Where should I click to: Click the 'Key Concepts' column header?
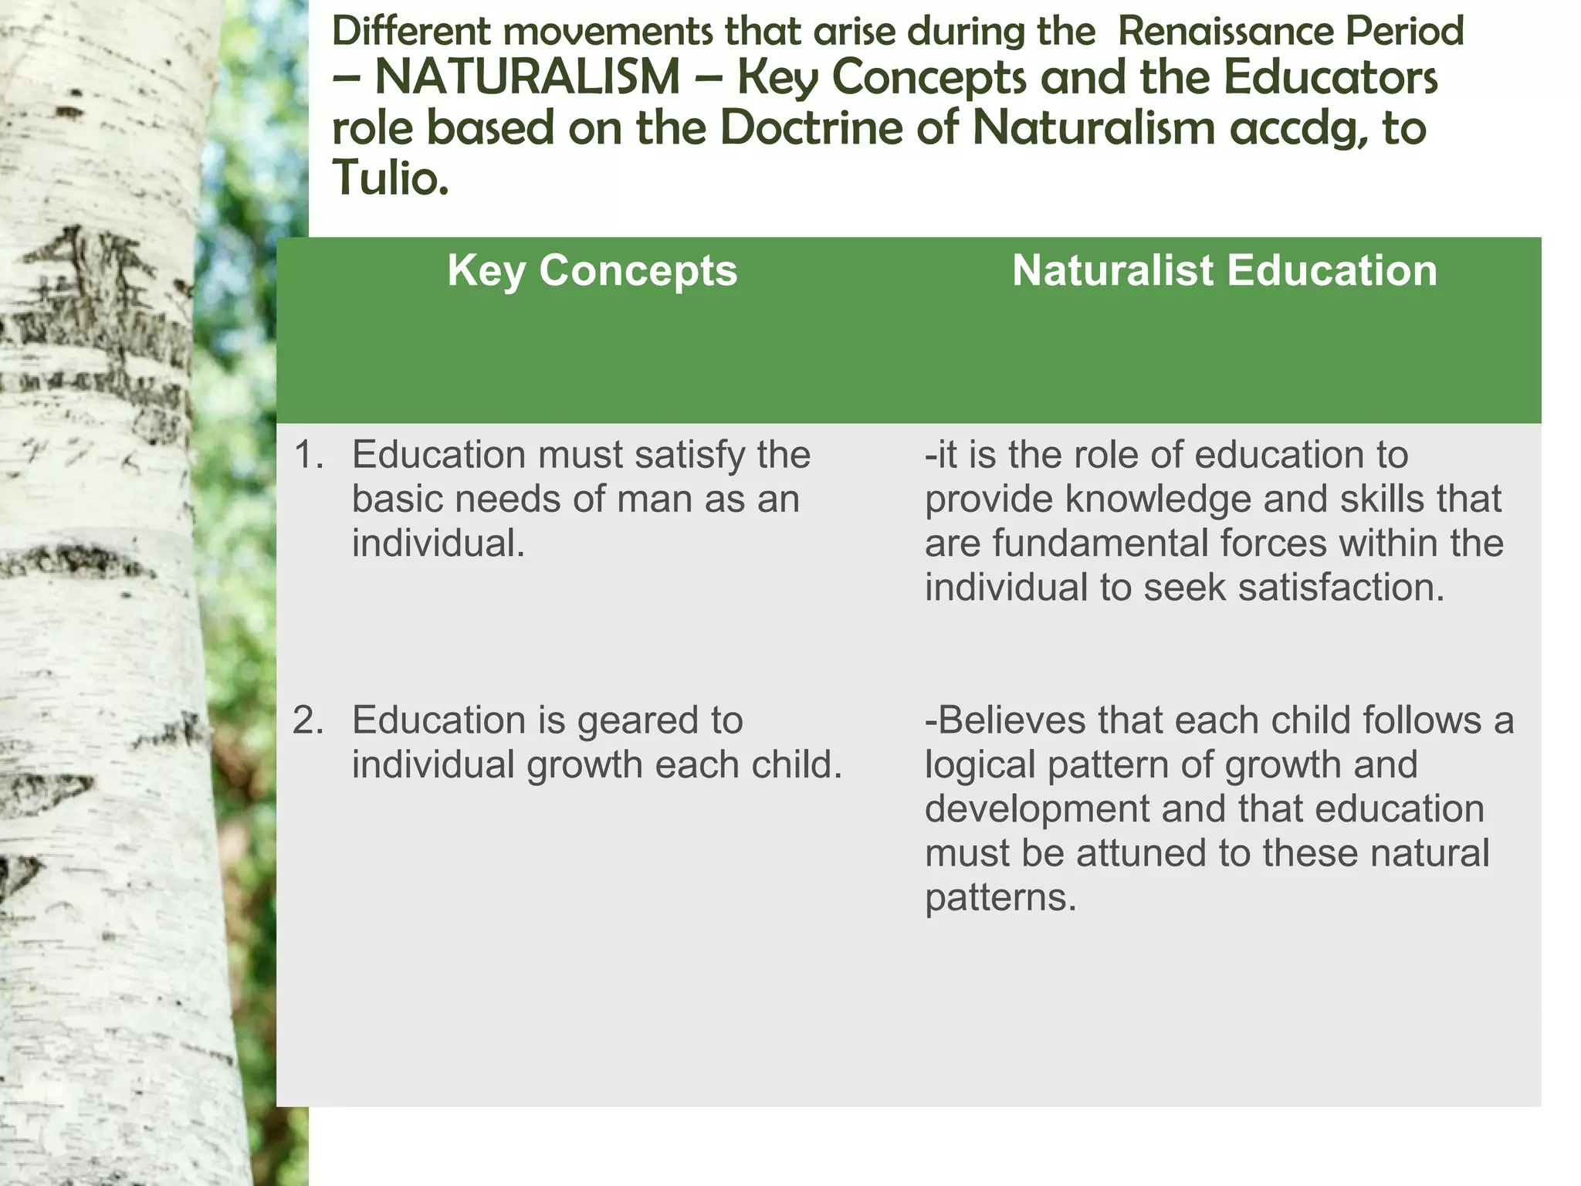pos(592,271)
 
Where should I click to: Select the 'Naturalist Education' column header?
pos(1224,271)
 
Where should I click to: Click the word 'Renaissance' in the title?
pos(1226,32)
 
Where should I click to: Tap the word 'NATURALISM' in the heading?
pos(527,78)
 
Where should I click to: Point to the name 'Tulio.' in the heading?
pos(391,178)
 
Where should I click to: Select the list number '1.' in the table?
pos(308,455)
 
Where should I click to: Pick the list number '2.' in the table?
pos(308,720)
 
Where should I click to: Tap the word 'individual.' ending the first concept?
pos(438,543)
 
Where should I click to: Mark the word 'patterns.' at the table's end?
pos(1000,898)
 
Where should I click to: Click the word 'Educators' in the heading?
pos(1330,78)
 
